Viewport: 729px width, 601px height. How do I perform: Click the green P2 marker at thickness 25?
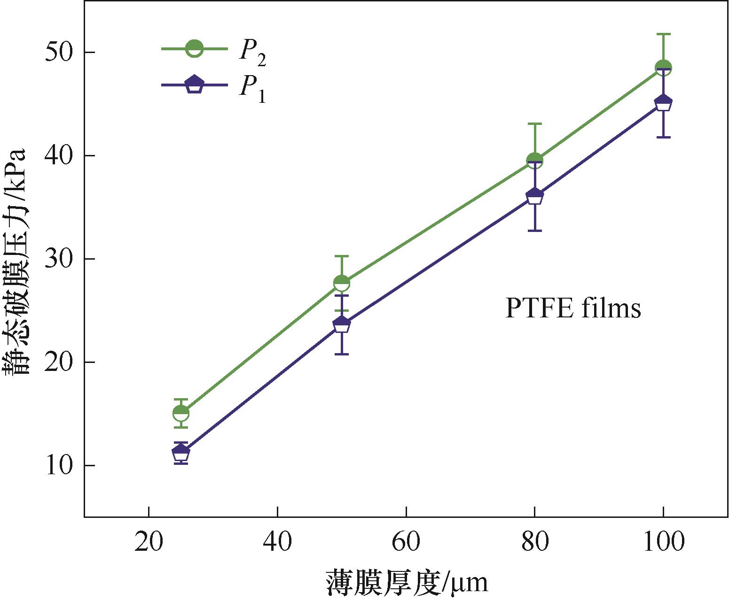[x=181, y=413]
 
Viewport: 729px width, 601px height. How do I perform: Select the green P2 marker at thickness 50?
[x=342, y=283]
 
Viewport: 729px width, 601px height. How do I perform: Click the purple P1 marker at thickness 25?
[x=181, y=453]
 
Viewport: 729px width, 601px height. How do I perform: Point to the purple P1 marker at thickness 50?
[x=342, y=324]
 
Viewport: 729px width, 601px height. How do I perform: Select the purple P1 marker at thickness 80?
[x=535, y=196]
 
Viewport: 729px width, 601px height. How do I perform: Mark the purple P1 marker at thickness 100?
[x=663, y=103]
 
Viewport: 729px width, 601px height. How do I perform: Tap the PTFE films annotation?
[x=573, y=309]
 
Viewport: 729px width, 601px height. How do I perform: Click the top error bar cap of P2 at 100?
[x=663, y=34]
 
